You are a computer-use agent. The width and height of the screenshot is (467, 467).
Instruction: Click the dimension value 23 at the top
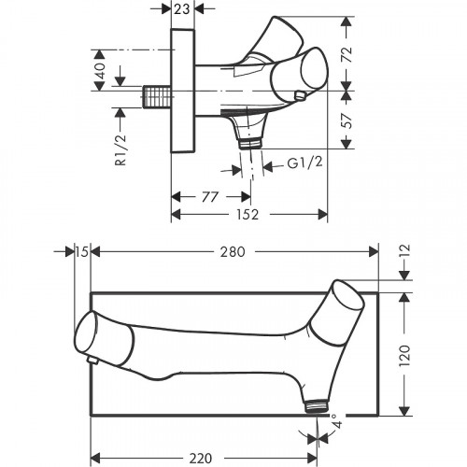[x=182, y=9]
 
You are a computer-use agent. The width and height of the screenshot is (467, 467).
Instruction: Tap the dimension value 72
[x=347, y=54]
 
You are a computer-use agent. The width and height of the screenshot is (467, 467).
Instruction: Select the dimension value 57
[x=347, y=120]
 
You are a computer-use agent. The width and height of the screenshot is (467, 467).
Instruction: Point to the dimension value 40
[x=100, y=70]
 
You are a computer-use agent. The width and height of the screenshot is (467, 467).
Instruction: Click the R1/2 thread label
[x=120, y=149]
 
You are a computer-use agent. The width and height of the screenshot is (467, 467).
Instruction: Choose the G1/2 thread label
[x=304, y=163]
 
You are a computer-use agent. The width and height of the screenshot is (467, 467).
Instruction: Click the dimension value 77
[x=210, y=197]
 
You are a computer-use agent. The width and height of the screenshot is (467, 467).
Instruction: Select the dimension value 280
[x=233, y=251]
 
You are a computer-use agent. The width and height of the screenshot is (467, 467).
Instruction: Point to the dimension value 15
[x=82, y=251]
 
